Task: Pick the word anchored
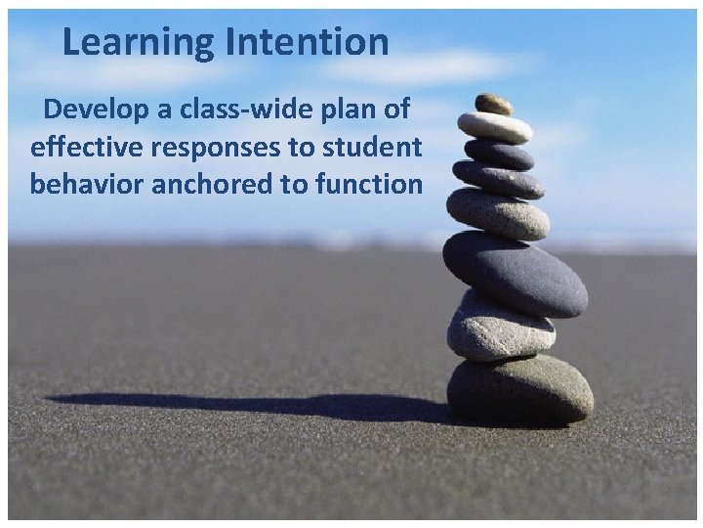point(212,183)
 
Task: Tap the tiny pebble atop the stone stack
point(493,103)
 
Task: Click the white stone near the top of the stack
point(495,126)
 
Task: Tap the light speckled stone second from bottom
point(500,327)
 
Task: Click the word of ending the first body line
point(396,110)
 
